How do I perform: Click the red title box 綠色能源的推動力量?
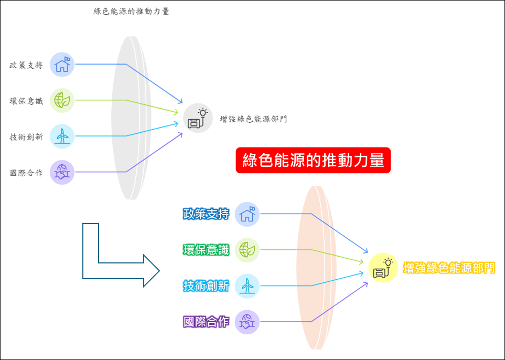[313, 160]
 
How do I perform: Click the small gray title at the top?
[131, 12]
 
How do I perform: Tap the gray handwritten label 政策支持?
[26, 65]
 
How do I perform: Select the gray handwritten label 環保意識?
[26, 101]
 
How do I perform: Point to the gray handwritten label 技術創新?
[26, 137]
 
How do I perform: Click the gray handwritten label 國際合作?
[26, 173]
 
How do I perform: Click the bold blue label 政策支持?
[206, 214]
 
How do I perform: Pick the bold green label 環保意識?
[206, 250]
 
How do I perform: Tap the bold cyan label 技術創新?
[206, 286]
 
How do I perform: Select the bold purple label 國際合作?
[206, 322]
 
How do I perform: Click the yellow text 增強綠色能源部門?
[449, 268]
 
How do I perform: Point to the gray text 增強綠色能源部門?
[253, 119]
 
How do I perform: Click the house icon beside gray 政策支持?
[62, 65]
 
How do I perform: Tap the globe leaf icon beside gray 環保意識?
[62, 100]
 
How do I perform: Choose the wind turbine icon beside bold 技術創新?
[247, 286]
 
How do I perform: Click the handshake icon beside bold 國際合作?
[247, 322]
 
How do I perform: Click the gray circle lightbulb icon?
[198, 118]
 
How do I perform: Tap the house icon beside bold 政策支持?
[247, 214]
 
